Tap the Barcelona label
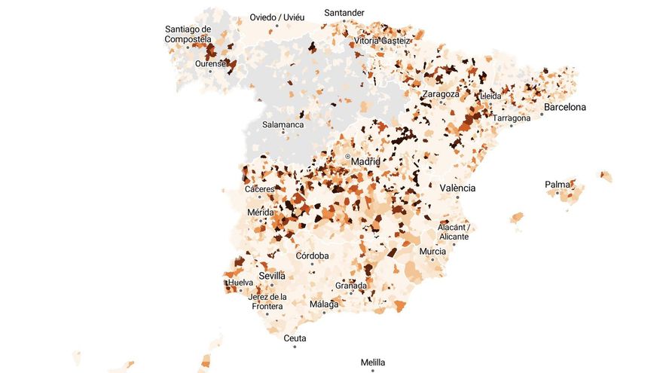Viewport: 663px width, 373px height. point(564,107)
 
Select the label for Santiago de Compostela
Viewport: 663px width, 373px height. point(188,35)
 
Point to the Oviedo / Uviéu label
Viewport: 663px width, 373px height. point(278,17)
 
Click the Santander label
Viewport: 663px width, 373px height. point(344,12)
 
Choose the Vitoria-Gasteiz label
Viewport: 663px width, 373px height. point(382,41)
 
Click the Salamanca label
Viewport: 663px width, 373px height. point(283,124)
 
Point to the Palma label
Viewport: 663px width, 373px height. point(558,185)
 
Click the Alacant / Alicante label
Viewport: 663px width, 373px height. point(454,231)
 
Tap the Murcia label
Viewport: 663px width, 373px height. point(432,251)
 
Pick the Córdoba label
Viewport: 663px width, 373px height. point(312,255)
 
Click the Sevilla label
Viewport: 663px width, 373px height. point(272,276)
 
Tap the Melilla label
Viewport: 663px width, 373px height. point(373,362)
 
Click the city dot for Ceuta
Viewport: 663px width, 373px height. point(295,347)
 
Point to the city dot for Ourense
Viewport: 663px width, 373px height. point(210,71)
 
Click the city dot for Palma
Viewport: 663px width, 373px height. point(558,193)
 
